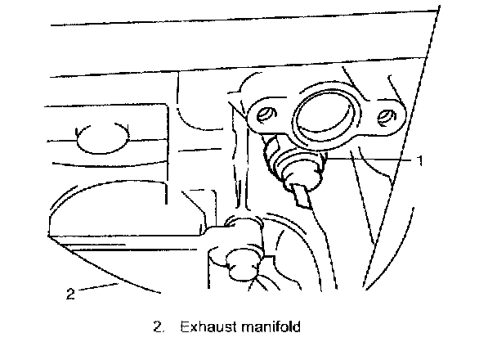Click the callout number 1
tap(420, 161)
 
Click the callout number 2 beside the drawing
tap(71, 294)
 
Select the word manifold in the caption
tap(268, 328)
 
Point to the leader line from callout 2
tap(98, 286)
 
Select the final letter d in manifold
tap(298, 328)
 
